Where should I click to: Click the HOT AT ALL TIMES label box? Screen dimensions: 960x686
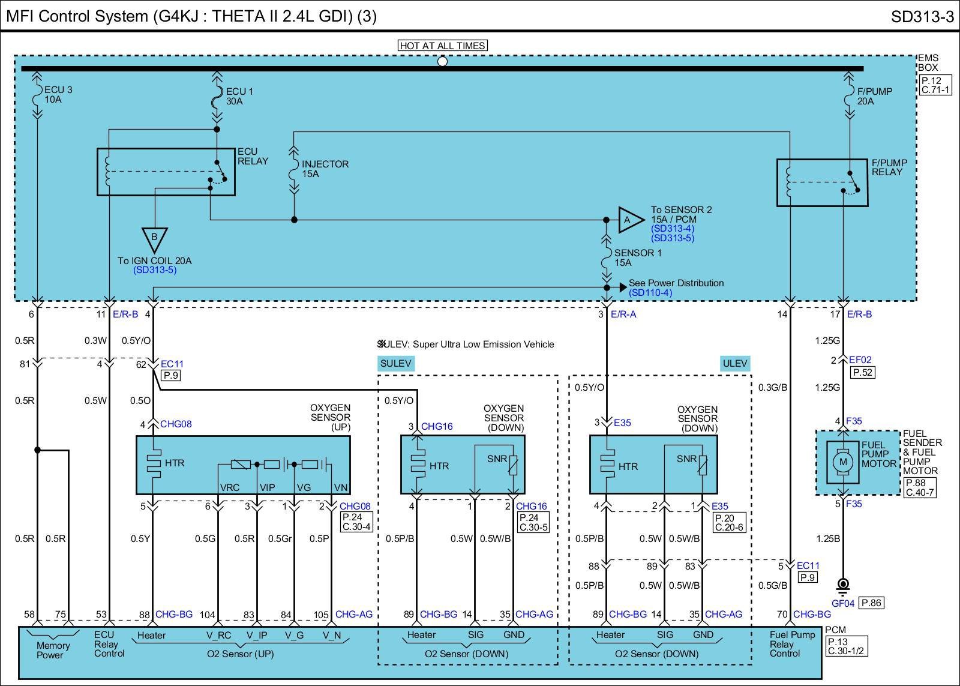[x=442, y=46]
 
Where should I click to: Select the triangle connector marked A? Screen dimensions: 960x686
[x=631, y=220]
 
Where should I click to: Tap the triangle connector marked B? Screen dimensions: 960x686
[x=154, y=240]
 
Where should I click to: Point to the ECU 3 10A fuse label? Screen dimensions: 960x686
[x=58, y=95]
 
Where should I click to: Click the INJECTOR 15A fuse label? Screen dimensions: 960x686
[x=325, y=169]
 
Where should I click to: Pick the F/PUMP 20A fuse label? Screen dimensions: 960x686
[x=874, y=96]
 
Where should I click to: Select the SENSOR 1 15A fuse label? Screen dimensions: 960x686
[x=638, y=257]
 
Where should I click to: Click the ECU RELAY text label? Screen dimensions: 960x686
[x=253, y=157]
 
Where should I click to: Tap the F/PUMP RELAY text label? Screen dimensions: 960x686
[x=889, y=167]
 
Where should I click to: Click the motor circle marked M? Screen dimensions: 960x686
[x=843, y=462]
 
